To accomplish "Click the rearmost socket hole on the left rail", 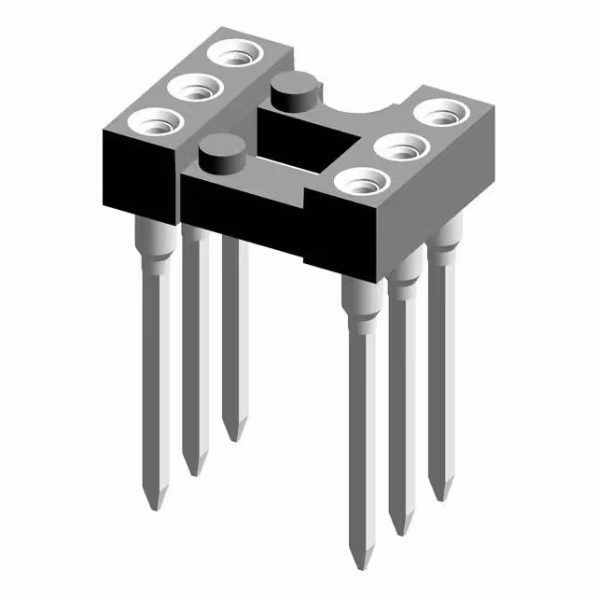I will [234, 54].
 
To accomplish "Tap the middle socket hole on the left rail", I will [196, 90].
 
